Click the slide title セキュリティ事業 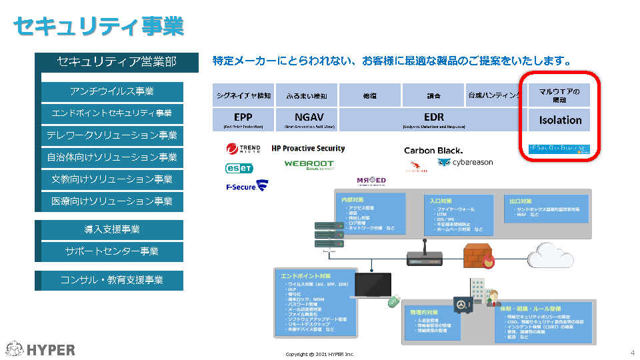99,27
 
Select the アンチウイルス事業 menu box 112,91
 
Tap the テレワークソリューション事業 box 112,135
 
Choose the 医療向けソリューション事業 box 112,201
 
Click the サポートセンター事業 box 112,251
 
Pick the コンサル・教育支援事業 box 112,280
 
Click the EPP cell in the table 243,119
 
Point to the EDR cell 433,119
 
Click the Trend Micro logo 243,149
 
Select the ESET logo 239,168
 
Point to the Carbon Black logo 433,151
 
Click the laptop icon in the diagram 373,286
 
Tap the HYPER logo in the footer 41,349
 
